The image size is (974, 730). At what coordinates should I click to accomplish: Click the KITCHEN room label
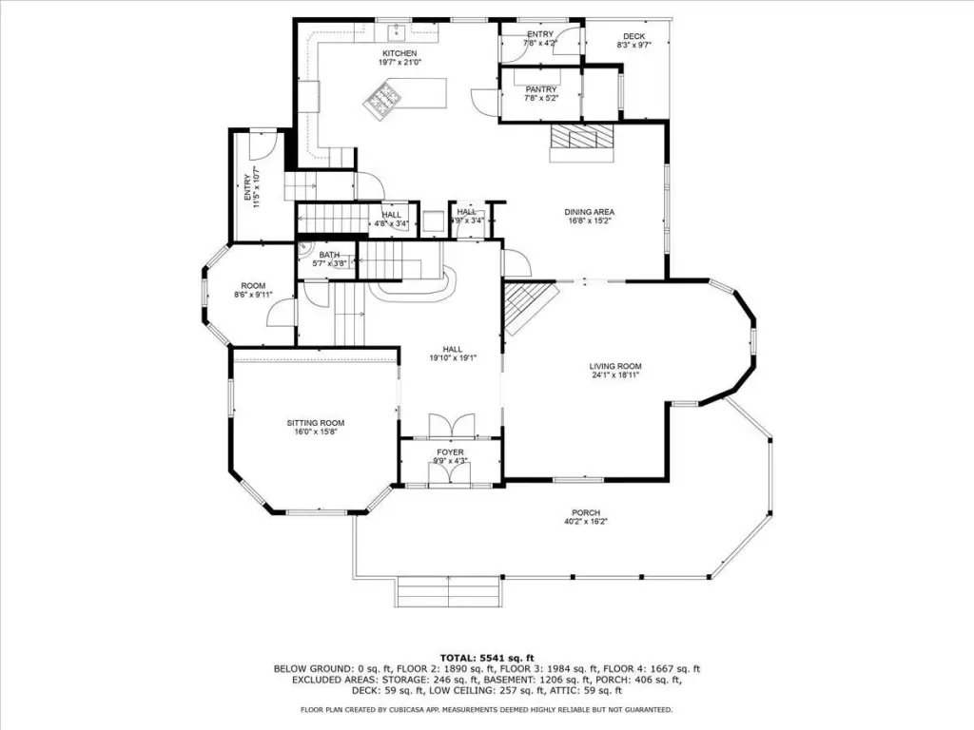pos(399,53)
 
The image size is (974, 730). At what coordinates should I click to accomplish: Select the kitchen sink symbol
pos(396,31)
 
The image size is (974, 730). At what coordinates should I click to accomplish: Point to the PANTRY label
pos(540,89)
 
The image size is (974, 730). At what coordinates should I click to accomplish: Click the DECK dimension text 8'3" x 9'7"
pos(633,46)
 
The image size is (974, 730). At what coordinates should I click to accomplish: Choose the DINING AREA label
pos(589,212)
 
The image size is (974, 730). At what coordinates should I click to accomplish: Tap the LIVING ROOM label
pos(615,366)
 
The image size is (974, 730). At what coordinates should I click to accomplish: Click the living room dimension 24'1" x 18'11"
pos(614,375)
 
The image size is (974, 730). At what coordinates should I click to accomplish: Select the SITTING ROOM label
pos(316,423)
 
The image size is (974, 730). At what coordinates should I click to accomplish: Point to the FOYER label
pos(450,452)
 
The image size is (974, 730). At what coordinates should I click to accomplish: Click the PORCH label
pos(586,512)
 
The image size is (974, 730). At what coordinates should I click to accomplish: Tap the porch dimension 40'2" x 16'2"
pos(586,522)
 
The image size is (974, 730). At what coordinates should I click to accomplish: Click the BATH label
pos(329,255)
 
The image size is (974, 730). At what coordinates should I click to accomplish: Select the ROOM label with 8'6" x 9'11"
pos(253,286)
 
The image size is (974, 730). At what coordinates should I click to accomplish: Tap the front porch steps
pos(448,591)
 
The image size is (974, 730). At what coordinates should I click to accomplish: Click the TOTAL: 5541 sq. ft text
pos(487,658)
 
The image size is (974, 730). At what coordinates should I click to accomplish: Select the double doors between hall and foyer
pos(452,426)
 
